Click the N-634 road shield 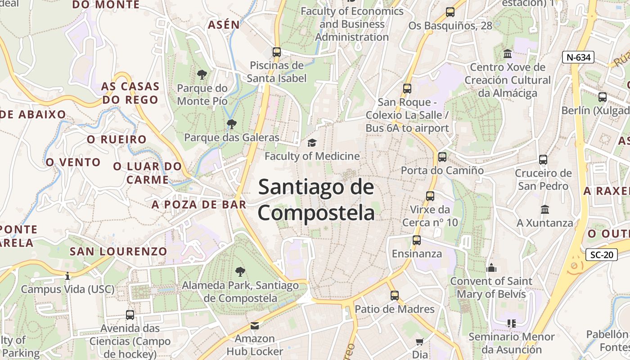click(x=578, y=57)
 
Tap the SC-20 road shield click(x=602, y=255)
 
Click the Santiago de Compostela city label click(x=316, y=199)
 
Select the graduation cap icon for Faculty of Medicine click(x=311, y=143)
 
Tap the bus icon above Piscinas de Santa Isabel click(x=277, y=52)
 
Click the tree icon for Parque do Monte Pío click(x=202, y=74)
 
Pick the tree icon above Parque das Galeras click(x=232, y=124)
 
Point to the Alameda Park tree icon click(x=240, y=271)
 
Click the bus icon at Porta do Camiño click(x=442, y=157)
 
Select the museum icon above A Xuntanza click(x=545, y=209)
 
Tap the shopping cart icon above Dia click(x=420, y=342)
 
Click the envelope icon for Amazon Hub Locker click(x=255, y=325)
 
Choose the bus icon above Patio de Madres click(x=395, y=296)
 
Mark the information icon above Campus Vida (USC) click(x=67, y=276)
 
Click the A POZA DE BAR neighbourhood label click(x=199, y=205)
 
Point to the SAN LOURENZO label click(x=118, y=251)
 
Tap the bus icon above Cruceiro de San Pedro click(x=543, y=160)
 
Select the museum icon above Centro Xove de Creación click(x=508, y=54)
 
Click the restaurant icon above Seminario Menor click(x=511, y=323)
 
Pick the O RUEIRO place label click(x=117, y=139)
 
